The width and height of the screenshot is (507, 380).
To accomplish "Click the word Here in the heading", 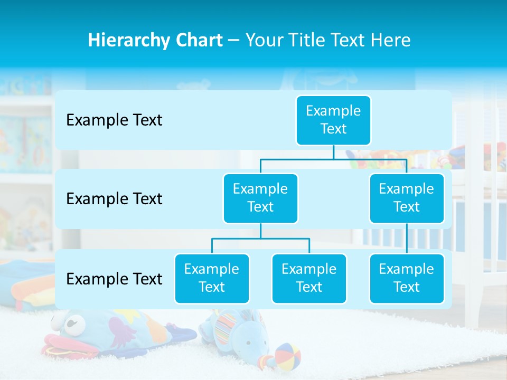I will point(390,41).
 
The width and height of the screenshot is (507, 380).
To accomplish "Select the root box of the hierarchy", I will point(333,120).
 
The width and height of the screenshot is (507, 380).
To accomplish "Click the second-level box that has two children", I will point(260,198).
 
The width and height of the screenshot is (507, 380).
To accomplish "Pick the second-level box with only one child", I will point(406,198).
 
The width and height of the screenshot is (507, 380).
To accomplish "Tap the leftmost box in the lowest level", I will point(212,278).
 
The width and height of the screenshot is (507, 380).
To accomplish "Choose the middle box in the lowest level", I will point(309,278).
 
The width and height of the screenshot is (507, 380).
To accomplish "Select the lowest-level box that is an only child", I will point(406,278).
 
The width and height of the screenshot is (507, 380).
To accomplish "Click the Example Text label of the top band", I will point(114,120).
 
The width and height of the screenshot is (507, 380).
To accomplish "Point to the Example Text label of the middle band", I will point(114,199).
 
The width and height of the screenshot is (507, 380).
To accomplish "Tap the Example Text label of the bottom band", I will point(114,279).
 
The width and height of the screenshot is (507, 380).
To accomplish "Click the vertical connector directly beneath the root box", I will point(333,152).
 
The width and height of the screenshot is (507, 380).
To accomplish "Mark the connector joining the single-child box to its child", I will point(407,238).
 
